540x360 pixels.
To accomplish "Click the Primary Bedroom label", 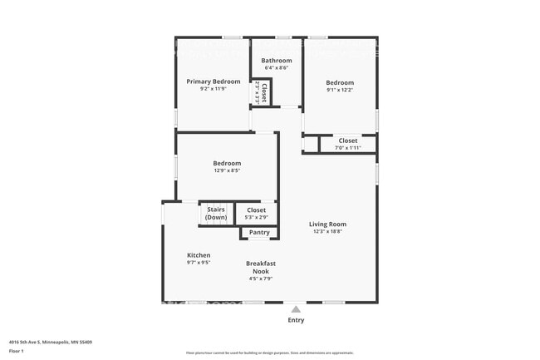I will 214,81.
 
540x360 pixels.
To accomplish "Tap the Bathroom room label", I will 277,61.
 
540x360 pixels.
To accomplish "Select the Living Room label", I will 327,224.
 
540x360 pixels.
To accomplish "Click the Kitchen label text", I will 199,255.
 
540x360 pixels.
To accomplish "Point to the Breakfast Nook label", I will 261,267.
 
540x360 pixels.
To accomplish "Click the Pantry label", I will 259,233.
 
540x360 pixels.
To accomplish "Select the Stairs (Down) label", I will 216,214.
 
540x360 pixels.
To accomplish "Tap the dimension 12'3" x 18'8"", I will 327,232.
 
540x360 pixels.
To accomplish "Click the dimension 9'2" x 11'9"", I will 214,89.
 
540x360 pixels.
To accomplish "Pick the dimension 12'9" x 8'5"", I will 227,170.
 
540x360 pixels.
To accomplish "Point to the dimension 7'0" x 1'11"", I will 348,148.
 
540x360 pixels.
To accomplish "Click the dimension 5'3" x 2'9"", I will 257,218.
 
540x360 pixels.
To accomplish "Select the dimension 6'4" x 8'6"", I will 277,68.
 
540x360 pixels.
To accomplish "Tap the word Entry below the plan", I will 296,320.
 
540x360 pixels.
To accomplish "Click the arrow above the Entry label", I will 296,309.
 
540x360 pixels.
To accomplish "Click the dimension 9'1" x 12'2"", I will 340,90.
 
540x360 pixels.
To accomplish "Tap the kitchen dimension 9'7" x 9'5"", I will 199,263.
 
